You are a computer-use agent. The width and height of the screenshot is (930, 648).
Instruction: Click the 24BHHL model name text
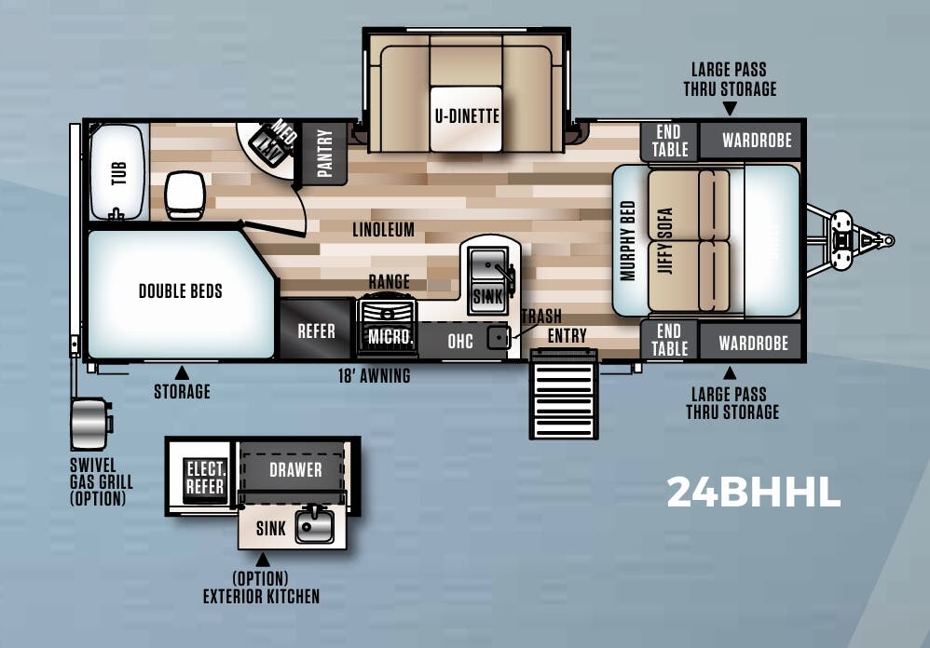tap(753, 493)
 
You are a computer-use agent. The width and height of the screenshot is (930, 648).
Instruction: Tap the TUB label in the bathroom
tap(118, 173)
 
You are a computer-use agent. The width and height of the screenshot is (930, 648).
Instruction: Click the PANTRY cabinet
tap(324, 153)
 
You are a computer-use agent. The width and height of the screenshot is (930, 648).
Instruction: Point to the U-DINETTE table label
tap(467, 116)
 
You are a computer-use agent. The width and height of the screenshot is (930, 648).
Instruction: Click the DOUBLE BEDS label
tap(181, 291)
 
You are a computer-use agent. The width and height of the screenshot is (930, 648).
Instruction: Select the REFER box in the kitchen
tap(316, 331)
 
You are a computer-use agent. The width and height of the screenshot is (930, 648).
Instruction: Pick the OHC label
tap(460, 341)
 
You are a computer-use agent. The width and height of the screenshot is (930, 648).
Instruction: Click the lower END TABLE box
tap(669, 340)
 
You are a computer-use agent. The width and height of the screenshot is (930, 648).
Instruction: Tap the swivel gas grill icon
tap(90, 424)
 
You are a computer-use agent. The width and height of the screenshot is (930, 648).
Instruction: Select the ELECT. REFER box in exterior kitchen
tap(204, 476)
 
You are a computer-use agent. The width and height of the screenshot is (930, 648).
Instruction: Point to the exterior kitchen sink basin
tap(315, 527)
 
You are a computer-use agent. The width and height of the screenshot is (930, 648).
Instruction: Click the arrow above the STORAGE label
tap(183, 372)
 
